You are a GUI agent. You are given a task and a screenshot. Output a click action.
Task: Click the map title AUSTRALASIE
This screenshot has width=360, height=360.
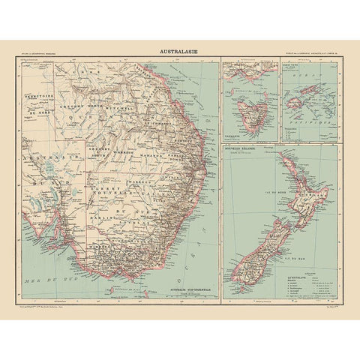pyautogui.click(x=179, y=52)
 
